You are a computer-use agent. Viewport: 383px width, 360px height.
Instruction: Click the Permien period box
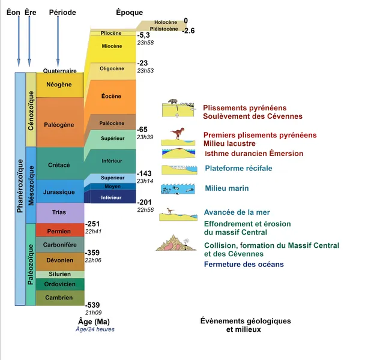[x=60, y=230]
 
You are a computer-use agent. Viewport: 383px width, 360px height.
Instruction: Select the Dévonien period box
[x=60, y=261]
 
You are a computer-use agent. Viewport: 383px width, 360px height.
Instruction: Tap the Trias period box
[x=60, y=212]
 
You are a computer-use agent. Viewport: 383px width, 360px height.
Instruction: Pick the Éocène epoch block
[x=111, y=96]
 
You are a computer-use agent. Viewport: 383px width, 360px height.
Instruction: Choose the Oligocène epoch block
[x=111, y=68]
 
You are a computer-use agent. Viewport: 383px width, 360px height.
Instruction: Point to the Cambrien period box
[x=60, y=298]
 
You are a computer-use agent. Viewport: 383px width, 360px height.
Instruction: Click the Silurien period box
[x=60, y=274]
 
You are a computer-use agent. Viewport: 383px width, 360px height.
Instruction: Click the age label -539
[x=92, y=305]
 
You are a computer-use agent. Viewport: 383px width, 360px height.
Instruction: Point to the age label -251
[x=92, y=223]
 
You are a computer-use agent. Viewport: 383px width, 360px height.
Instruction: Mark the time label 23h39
[x=145, y=137]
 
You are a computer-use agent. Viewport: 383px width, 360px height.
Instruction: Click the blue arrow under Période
[x=58, y=42]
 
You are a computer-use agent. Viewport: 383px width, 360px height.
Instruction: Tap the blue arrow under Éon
[x=19, y=42]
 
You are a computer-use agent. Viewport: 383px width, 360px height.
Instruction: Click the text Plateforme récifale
[x=238, y=169]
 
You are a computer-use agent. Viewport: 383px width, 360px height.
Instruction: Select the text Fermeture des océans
[x=244, y=264]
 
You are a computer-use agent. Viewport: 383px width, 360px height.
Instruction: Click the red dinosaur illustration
[x=178, y=133]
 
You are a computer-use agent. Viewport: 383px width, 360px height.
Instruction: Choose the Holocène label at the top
[x=161, y=22]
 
